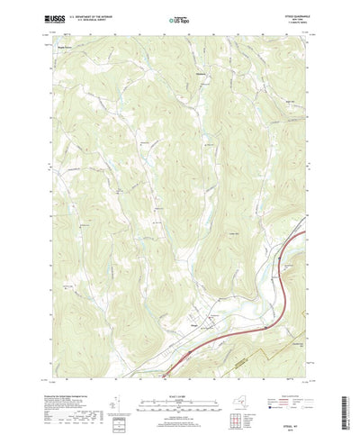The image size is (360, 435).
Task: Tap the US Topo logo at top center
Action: pyautogui.click(x=180, y=17)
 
